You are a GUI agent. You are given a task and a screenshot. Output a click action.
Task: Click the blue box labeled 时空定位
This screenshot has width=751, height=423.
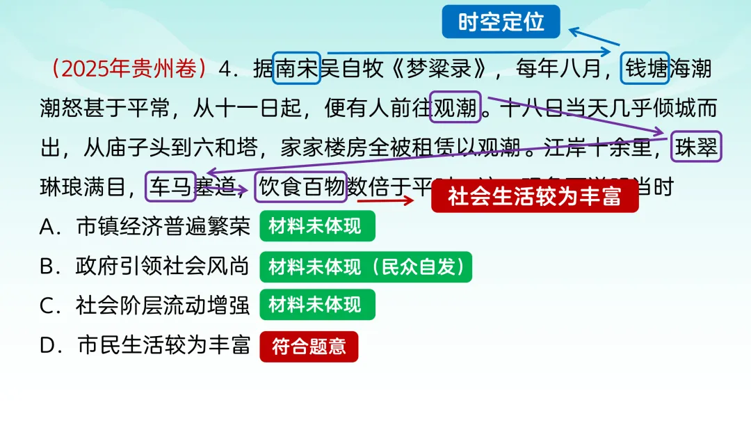pyautogui.click(x=501, y=22)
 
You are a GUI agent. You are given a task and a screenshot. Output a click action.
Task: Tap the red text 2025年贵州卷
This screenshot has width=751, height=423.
pyautogui.click(x=129, y=69)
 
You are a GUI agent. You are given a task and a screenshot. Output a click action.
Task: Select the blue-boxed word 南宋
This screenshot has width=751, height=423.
pyautogui.click(x=296, y=69)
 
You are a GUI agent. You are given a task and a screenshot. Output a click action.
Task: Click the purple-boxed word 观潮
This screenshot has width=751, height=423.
pyautogui.click(x=455, y=108)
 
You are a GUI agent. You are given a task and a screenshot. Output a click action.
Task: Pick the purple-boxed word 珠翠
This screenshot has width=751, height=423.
pyautogui.click(x=696, y=147)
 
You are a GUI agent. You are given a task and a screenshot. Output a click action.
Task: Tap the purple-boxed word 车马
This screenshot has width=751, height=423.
pyautogui.click(x=171, y=186)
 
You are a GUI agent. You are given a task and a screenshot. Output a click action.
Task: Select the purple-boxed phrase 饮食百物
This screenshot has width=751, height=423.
pyautogui.click(x=300, y=186)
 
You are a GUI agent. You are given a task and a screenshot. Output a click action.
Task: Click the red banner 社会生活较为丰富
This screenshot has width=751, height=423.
pyautogui.click(x=534, y=197)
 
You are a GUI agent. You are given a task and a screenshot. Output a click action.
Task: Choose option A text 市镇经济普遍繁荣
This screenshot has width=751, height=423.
pyautogui.click(x=163, y=227)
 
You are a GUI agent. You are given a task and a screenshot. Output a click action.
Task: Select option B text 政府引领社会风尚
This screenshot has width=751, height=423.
pyautogui.click(x=163, y=266)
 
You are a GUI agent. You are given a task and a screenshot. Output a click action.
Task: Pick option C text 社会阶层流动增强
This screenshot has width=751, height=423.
pyautogui.click(x=163, y=305)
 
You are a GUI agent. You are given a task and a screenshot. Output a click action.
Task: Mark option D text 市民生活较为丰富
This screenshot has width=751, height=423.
pyautogui.click(x=163, y=345)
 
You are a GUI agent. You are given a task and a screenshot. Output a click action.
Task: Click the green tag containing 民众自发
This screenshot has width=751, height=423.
pyautogui.click(x=366, y=267)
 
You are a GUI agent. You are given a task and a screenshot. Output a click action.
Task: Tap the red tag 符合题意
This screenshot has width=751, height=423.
pyautogui.click(x=309, y=346)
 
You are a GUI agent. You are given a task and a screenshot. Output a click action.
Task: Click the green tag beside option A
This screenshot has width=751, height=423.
pyautogui.click(x=317, y=227)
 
